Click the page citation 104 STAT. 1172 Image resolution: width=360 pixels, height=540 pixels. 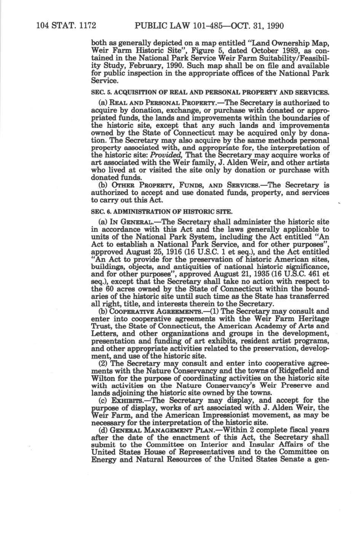(66, 26)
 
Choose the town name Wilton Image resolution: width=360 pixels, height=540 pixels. (102, 378)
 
